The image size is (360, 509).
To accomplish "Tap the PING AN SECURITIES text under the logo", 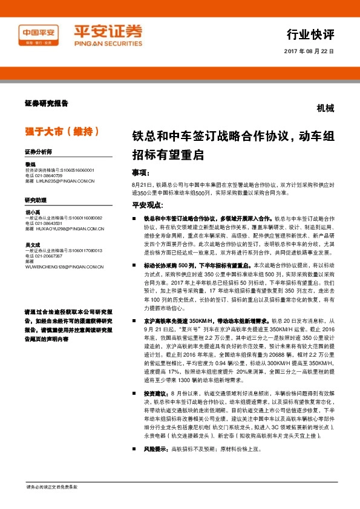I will [107, 44].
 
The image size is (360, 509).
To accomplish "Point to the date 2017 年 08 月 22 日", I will [309, 51].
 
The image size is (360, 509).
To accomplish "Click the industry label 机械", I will [325, 109].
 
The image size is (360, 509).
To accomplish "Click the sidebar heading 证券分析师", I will [38, 152].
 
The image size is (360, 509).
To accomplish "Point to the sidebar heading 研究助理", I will [36, 199].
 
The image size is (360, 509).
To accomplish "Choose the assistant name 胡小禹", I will [33, 212].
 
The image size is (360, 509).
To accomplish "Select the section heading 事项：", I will [143, 172].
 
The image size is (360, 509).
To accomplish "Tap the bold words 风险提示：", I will [156, 449].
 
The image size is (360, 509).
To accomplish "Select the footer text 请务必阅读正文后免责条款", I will [52, 487].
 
